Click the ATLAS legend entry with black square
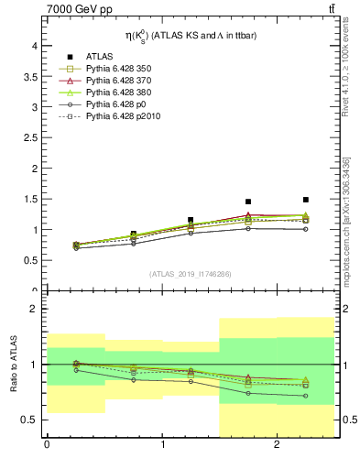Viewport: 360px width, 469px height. point(100,56)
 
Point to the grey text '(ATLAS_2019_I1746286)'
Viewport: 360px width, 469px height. point(190,274)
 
